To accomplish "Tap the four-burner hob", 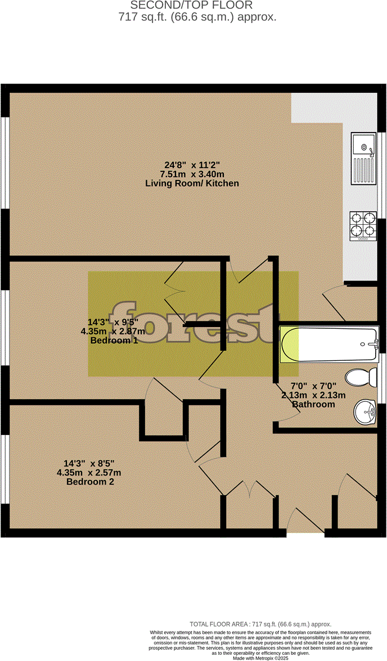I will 363,226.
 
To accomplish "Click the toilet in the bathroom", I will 361,377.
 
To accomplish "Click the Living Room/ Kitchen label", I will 192,183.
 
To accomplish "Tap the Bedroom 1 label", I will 114,341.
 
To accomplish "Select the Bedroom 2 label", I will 92,482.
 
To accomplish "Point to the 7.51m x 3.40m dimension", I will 192,174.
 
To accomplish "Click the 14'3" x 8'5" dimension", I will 92,464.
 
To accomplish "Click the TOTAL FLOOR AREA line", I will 260,624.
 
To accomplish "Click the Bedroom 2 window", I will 4,469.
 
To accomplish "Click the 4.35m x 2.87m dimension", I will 112,332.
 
